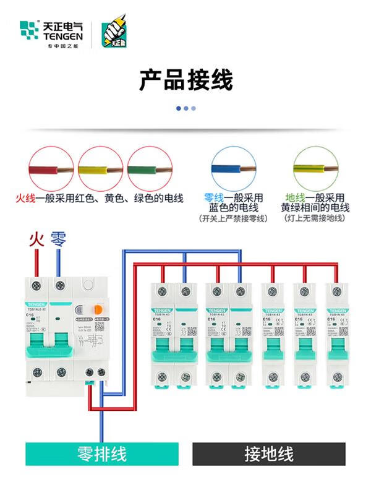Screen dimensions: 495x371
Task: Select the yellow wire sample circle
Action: click(x=101, y=169)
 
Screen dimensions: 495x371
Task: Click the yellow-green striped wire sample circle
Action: click(x=315, y=169)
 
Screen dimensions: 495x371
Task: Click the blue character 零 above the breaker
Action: click(x=59, y=239)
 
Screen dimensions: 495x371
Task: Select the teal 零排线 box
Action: click(x=101, y=454)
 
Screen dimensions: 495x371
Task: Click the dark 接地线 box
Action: click(x=268, y=454)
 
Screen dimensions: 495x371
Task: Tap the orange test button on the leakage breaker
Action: click(x=98, y=308)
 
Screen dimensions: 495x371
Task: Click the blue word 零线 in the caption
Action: click(x=214, y=198)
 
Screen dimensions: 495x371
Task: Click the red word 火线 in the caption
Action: click(x=26, y=199)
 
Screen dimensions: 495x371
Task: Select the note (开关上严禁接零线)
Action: click(x=233, y=218)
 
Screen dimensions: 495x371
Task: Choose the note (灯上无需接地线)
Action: click(x=315, y=218)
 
